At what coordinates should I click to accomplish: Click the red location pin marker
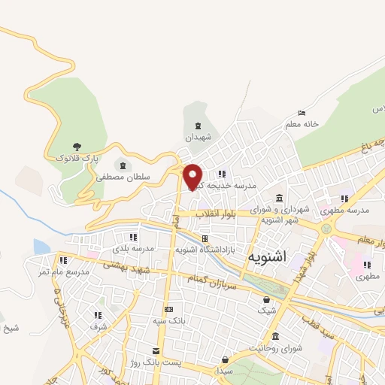(194, 177)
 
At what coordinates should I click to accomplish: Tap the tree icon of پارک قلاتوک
(77, 146)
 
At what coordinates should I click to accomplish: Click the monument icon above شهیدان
(198, 126)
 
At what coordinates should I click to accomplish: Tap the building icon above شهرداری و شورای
(280, 198)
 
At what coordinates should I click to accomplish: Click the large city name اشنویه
(266, 256)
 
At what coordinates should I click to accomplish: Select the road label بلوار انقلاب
(217, 214)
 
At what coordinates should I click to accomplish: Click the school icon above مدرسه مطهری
(344, 199)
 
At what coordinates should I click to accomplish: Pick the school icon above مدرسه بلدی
(133, 237)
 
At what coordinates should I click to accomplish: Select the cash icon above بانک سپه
(168, 309)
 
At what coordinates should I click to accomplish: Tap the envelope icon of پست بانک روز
(156, 351)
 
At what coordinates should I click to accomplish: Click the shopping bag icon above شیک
(267, 299)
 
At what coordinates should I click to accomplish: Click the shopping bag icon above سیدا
(225, 359)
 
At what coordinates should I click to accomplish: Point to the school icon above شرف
(98, 315)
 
